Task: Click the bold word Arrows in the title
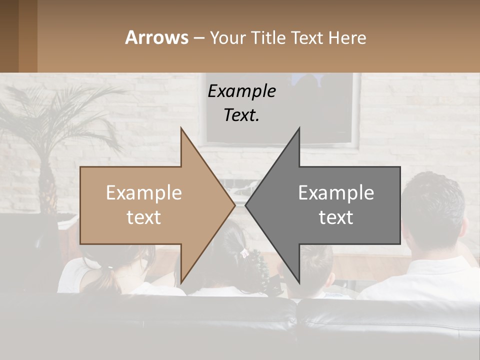[x=156, y=37]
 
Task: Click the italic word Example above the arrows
[x=241, y=91]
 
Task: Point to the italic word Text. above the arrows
[x=241, y=115]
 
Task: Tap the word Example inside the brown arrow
[x=144, y=193]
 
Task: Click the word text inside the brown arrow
[x=144, y=217]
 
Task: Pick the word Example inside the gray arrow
[x=336, y=193]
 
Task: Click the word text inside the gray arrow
[x=336, y=217]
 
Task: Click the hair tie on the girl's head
[x=244, y=253]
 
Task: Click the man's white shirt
[x=425, y=280]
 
